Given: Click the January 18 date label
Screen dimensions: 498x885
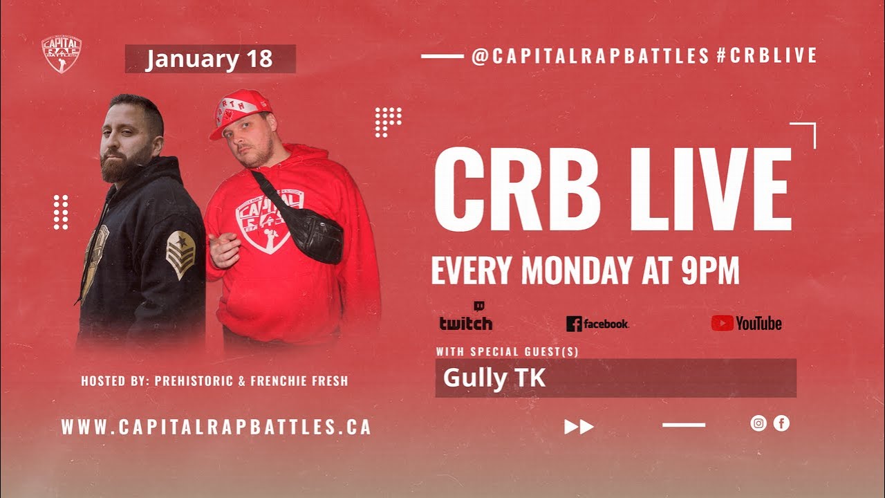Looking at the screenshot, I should coord(209,59).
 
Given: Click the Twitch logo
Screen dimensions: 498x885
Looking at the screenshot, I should coord(466,320).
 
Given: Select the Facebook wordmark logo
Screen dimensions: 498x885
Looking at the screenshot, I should coord(597,324).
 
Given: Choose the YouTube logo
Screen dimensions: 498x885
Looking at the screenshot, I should coord(747,323).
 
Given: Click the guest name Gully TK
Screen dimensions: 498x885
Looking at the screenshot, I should coord(494,378).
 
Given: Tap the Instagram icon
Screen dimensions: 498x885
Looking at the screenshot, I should coord(758,423).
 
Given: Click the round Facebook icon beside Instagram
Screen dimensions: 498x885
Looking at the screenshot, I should coord(781,423).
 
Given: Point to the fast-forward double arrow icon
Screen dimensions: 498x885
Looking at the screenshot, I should coord(579,427).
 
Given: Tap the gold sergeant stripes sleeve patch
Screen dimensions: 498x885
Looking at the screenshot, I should coord(180,254).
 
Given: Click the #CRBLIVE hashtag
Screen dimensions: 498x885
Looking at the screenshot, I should coord(767,56).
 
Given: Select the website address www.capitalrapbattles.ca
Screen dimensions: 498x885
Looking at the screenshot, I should coord(216,427).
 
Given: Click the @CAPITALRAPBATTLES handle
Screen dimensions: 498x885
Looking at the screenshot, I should coord(590,56).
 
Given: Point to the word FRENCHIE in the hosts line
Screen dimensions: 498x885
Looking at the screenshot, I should coord(278,381).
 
